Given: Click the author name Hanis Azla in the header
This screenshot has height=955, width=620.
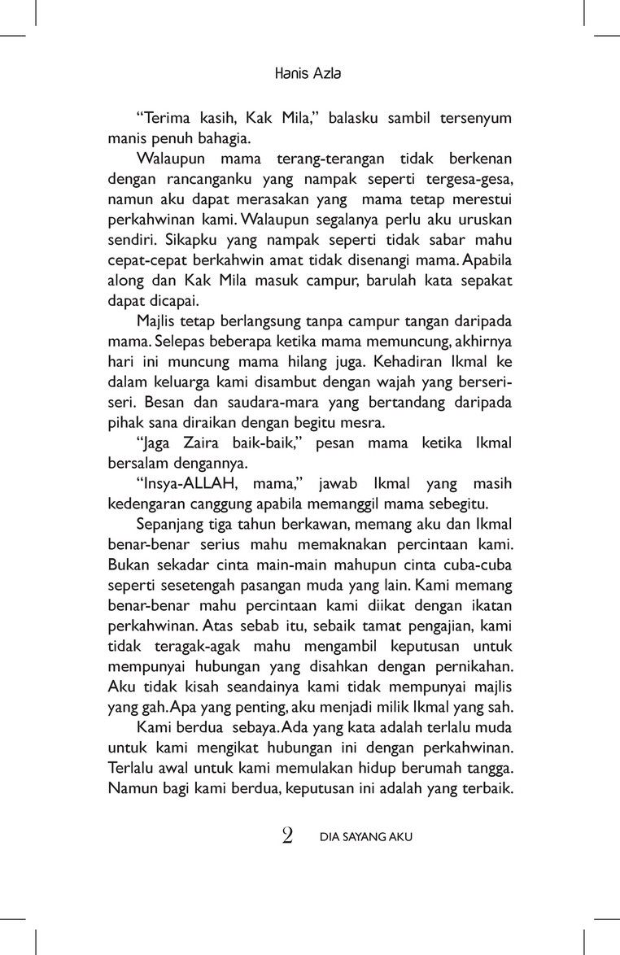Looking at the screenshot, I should [x=308, y=73].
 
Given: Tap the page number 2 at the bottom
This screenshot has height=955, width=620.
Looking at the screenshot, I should [x=287, y=835].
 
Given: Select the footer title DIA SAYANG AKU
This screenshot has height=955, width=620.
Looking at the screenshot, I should [x=367, y=836].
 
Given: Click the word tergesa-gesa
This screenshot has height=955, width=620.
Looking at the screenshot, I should [x=472, y=178].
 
